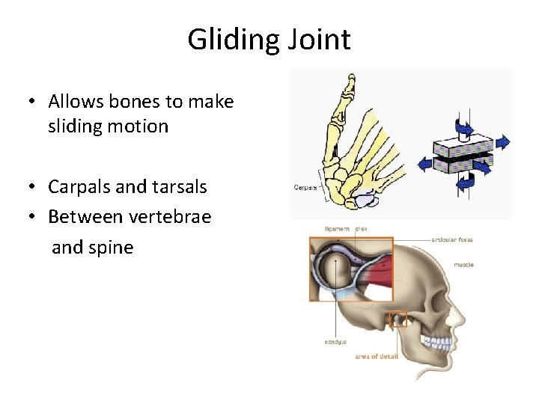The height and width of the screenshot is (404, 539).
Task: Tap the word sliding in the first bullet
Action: [x=79, y=126]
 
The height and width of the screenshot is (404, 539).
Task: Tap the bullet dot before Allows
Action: [x=33, y=101]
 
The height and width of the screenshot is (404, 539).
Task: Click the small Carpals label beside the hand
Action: [x=305, y=187]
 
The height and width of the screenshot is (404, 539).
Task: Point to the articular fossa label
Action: [x=452, y=239]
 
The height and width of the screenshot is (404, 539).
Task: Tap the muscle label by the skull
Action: [x=463, y=264]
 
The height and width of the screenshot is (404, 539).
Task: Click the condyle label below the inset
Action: [x=335, y=343]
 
